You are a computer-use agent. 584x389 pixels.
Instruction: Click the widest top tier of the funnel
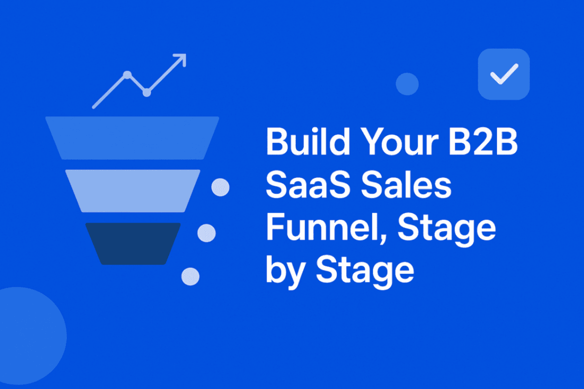[132, 137]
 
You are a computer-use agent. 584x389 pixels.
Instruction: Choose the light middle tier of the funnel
[133, 190]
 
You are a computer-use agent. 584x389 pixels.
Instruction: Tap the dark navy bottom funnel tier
[133, 243]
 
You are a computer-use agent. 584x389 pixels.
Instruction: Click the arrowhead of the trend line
[180, 59]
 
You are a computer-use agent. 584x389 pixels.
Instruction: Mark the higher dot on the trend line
[127, 74]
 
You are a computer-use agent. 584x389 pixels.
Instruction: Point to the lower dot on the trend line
[147, 92]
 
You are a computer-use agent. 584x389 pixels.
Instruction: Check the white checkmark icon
[504, 74]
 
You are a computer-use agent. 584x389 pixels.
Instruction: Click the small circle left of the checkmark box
[407, 84]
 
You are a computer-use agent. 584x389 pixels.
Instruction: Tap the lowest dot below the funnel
[190, 276]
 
